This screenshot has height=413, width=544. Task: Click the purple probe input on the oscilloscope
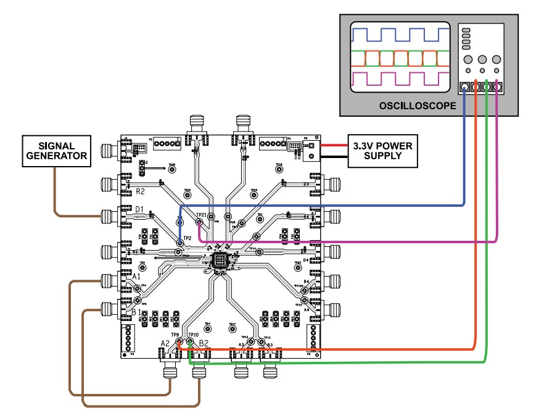[498, 88]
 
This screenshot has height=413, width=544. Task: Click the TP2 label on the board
[188, 238]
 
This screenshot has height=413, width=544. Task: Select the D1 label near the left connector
[139, 210]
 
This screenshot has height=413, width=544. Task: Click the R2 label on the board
[140, 192]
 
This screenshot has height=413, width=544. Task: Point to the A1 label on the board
[137, 277]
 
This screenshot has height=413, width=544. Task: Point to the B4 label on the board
[306, 282]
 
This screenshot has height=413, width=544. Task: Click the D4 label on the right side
[305, 261]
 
